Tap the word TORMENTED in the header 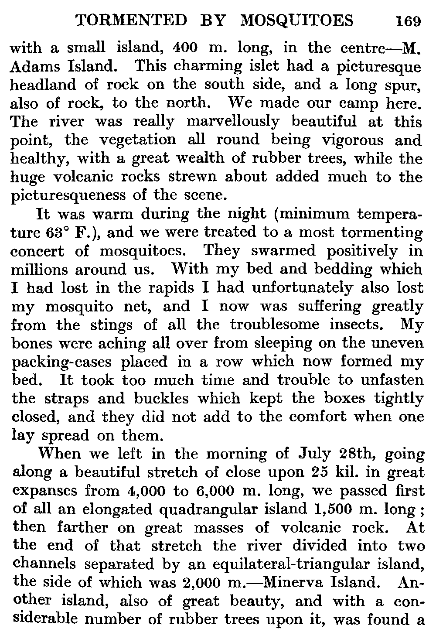point(131,20)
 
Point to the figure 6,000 point(217,491)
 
